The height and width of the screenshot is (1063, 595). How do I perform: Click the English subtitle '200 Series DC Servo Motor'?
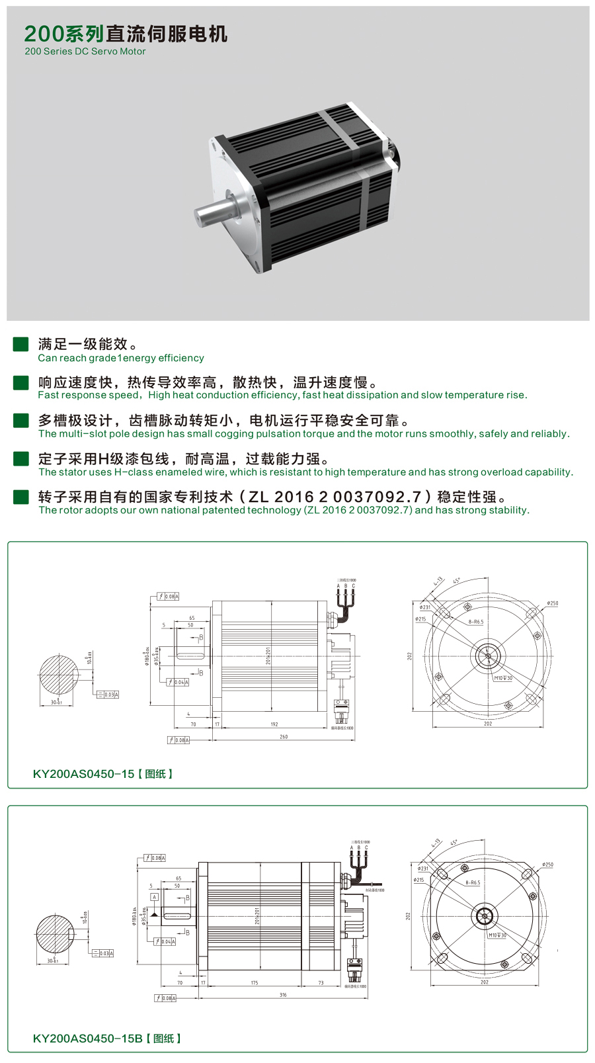(85, 52)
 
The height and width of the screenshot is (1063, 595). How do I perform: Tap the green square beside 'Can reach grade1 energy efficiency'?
(21, 344)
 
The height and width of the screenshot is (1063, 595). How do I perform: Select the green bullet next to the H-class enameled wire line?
(21, 458)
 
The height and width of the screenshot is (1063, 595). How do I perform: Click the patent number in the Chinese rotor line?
(335, 497)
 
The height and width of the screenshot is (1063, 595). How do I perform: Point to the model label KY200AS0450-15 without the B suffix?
(83, 773)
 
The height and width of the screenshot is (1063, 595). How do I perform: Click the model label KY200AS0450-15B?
(87, 1038)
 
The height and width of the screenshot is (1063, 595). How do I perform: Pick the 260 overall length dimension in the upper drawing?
(284, 736)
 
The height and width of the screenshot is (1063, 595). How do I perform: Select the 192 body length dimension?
(274, 724)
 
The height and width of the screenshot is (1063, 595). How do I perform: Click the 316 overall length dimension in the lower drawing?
(283, 994)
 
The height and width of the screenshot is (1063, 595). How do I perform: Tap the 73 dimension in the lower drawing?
(321, 983)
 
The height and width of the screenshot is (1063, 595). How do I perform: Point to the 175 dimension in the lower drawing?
(255, 983)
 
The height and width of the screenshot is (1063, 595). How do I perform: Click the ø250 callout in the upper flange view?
(552, 603)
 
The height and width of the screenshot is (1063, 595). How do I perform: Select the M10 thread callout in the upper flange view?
(503, 678)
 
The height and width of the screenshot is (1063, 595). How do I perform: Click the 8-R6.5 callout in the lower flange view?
(473, 882)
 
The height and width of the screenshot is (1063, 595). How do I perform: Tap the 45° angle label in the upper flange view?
(457, 581)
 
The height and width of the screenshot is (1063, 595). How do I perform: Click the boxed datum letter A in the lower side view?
(154, 898)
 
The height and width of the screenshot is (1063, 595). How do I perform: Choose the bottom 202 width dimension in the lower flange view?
(485, 982)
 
